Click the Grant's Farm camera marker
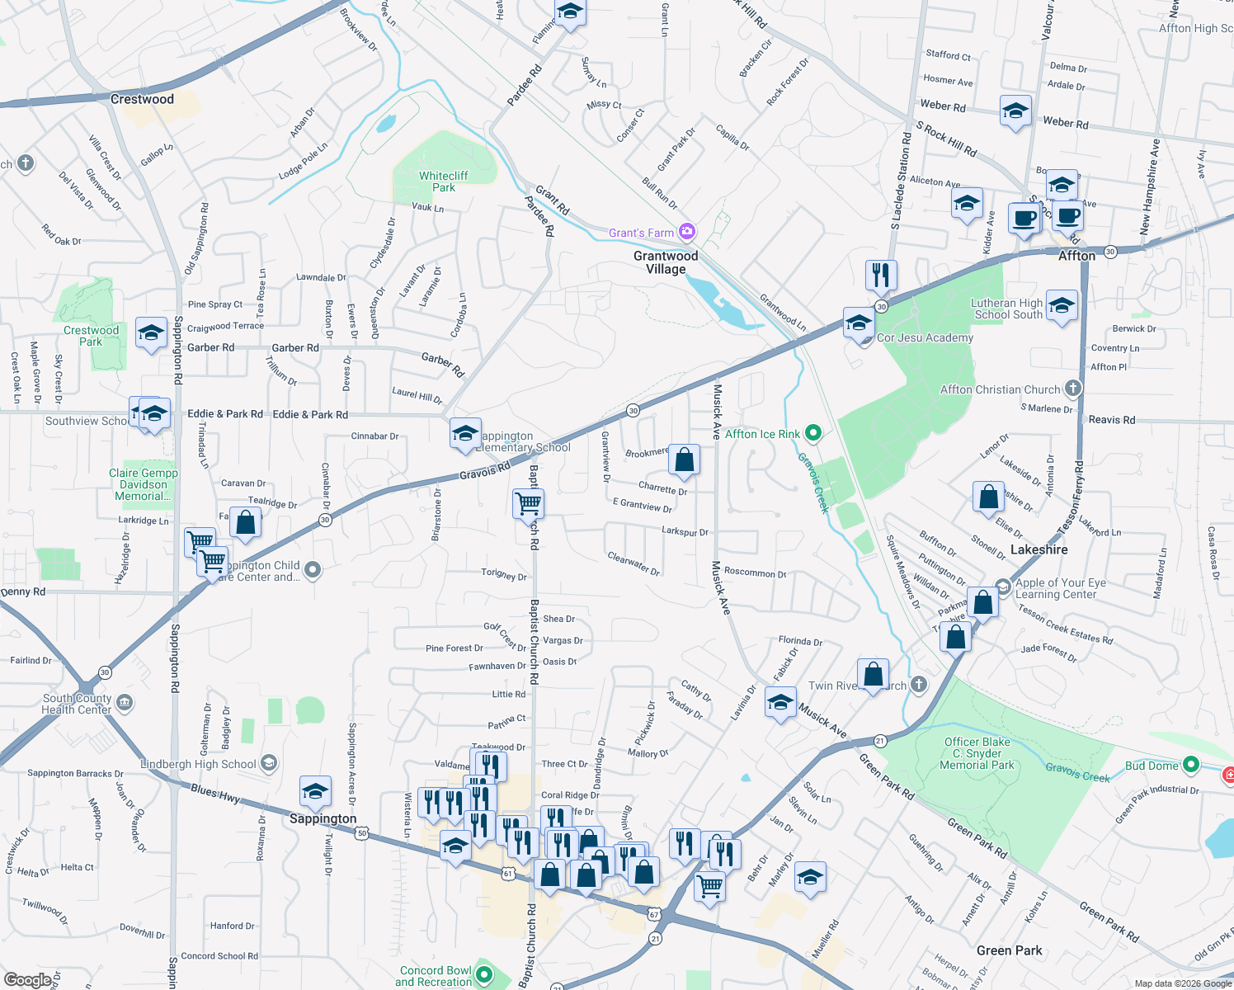(686, 232)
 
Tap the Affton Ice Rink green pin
(812, 433)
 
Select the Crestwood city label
(142, 99)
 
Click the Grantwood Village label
(666, 262)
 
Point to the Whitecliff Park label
(443, 181)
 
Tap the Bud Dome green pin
(1190, 765)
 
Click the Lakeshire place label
(1039, 549)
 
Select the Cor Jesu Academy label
(925, 337)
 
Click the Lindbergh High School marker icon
(269, 764)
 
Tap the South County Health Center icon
(125, 703)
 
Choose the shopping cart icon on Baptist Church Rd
(528, 502)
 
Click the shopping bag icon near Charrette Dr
(684, 460)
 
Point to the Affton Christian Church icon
(1072, 389)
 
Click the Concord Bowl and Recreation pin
(484, 976)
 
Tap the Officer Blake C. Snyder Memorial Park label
(977, 753)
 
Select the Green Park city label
(1009, 950)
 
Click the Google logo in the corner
(27, 979)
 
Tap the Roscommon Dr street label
(755, 573)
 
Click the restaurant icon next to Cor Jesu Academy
(881, 276)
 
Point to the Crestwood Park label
(92, 336)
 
